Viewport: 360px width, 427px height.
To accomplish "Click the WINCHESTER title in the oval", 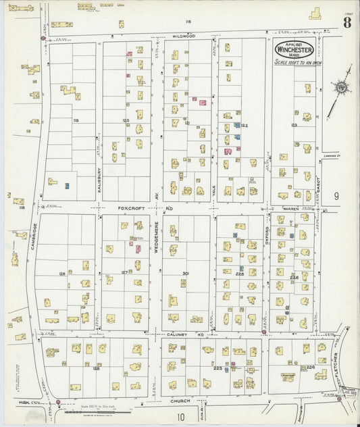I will [x=294, y=49].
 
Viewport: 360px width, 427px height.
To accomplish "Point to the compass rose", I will [x=341, y=86].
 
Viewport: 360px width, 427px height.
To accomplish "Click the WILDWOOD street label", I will [x=183, y=36].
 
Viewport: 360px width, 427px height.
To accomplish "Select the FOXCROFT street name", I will [x=130, y=209].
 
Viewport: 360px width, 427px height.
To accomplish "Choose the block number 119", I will [x=76, y=121].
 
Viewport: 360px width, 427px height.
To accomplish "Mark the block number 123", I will [x=294, y=125].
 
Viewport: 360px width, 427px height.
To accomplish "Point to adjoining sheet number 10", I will [x=180, y=417].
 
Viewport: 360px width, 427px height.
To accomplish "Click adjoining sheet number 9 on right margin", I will [x=336, y=197].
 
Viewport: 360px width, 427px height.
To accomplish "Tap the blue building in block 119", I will [x=67, y=185].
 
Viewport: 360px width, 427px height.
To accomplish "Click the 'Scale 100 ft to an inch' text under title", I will [x=294, y=62].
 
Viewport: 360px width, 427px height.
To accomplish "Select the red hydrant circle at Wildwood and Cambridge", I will [x=43, y=39].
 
